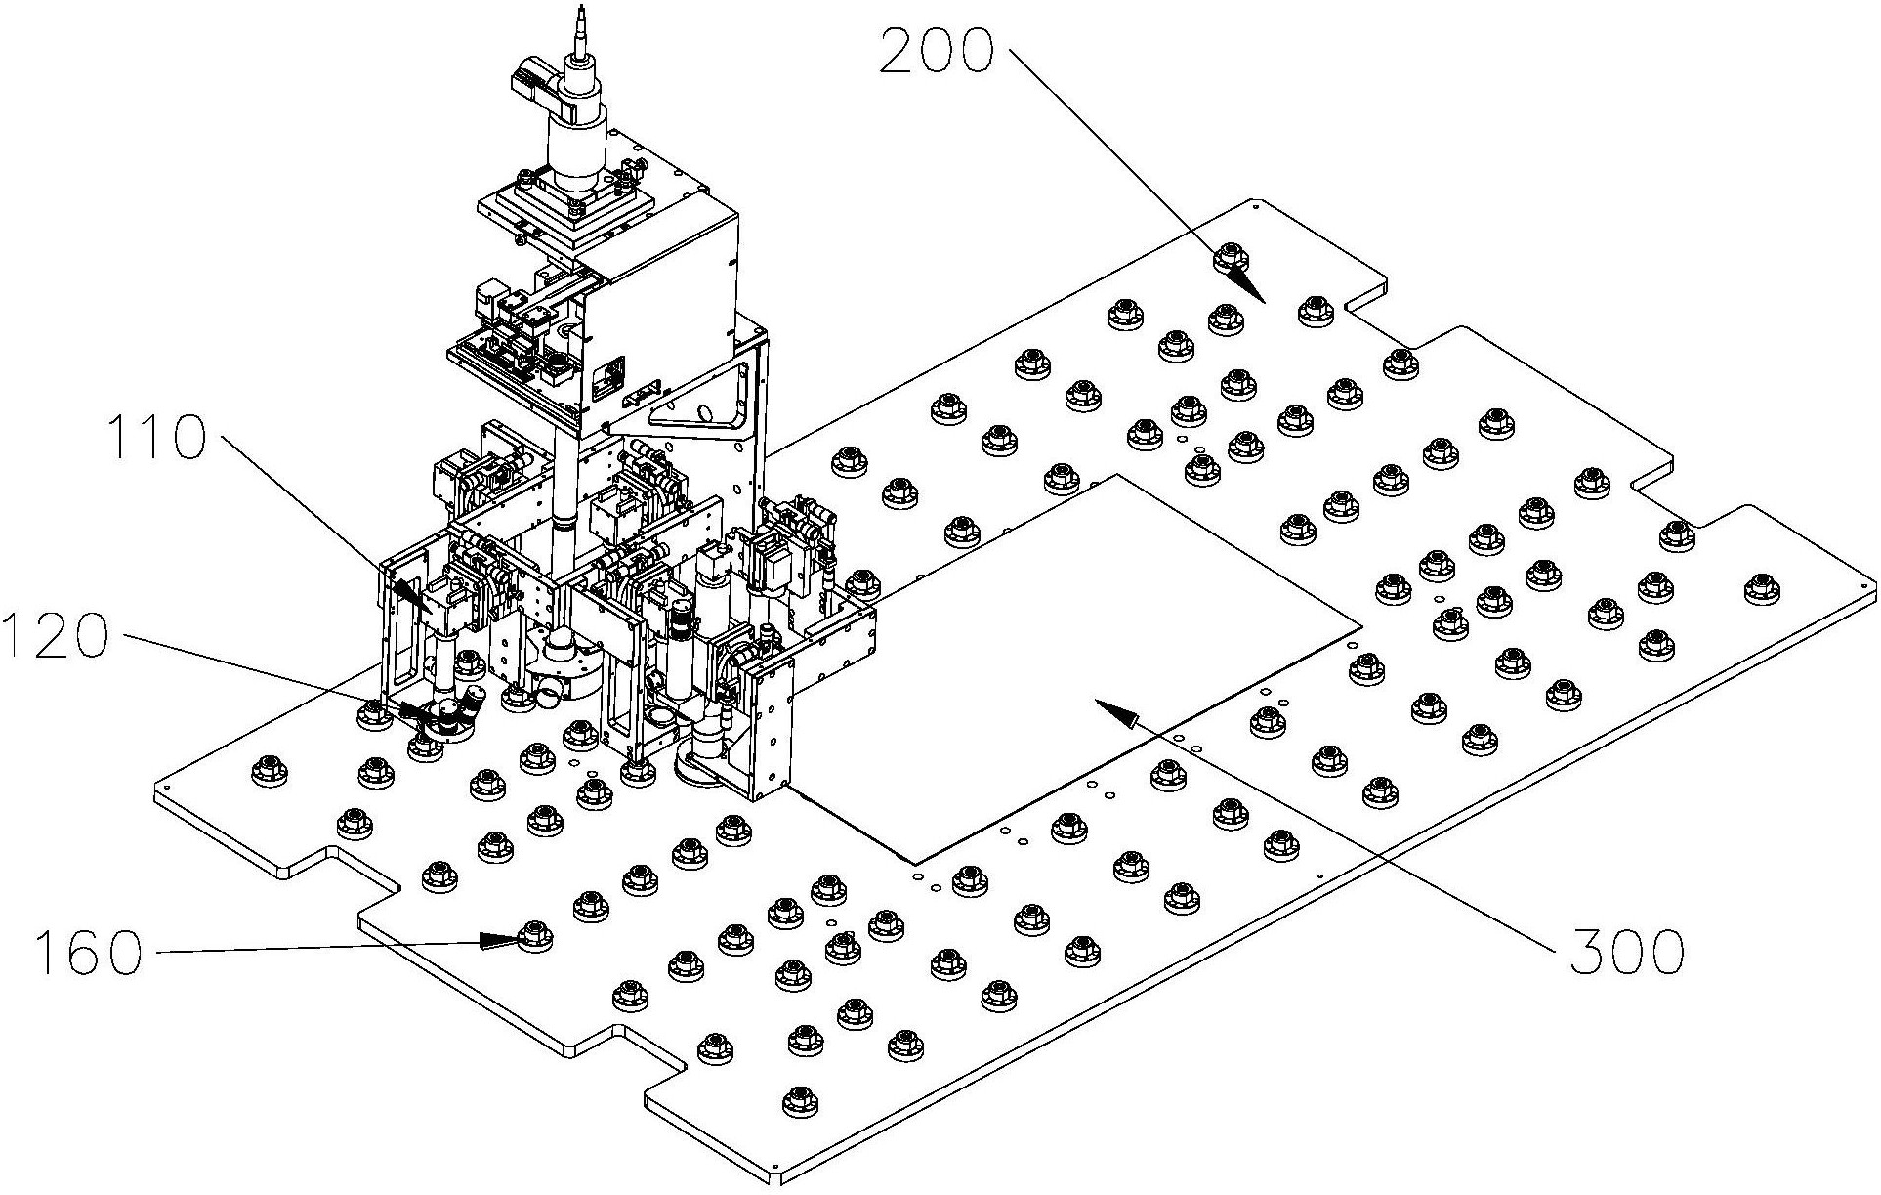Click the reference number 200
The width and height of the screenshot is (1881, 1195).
tap(936, 52)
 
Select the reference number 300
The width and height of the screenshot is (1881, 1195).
tap(1626, 949)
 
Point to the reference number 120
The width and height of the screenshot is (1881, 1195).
tap(55, 635)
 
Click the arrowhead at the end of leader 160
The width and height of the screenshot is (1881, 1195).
tap(501, 941)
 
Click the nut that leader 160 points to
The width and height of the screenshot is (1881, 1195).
tap(533, 935)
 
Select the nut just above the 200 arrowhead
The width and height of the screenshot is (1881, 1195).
tap(1231, 259)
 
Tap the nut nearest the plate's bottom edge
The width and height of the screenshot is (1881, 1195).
tap(801, 1100)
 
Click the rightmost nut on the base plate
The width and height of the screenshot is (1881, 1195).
tap(1762, 589)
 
